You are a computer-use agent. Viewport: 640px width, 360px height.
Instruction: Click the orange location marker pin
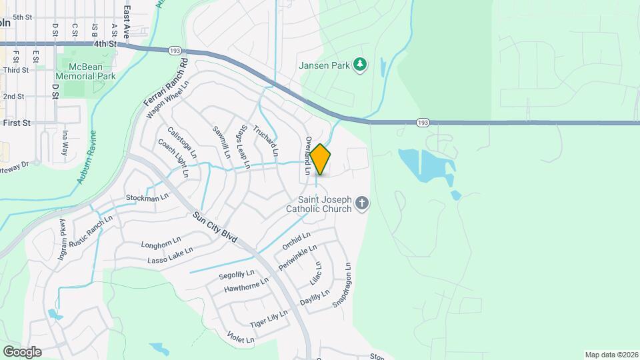coord(321,159)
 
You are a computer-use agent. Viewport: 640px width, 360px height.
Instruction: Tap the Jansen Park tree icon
coord(360,64)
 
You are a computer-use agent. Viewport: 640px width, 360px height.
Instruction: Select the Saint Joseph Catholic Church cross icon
coord(361,203)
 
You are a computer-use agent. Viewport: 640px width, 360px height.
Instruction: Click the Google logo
coord(22,351)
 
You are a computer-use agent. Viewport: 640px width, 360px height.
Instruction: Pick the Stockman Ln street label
coord(147,198)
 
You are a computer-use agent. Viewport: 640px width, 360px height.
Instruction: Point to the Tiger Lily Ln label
coord(269,319)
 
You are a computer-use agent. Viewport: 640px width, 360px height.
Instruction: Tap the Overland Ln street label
coord(308,155)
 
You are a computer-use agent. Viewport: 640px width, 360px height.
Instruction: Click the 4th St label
coord(105,44)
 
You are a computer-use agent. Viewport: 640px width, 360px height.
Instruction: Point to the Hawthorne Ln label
coord(246,285)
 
